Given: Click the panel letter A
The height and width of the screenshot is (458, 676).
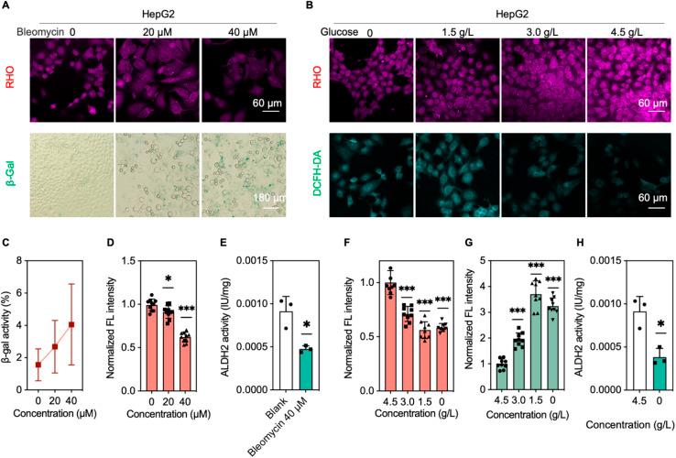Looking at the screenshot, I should click(x=5, y=6).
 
